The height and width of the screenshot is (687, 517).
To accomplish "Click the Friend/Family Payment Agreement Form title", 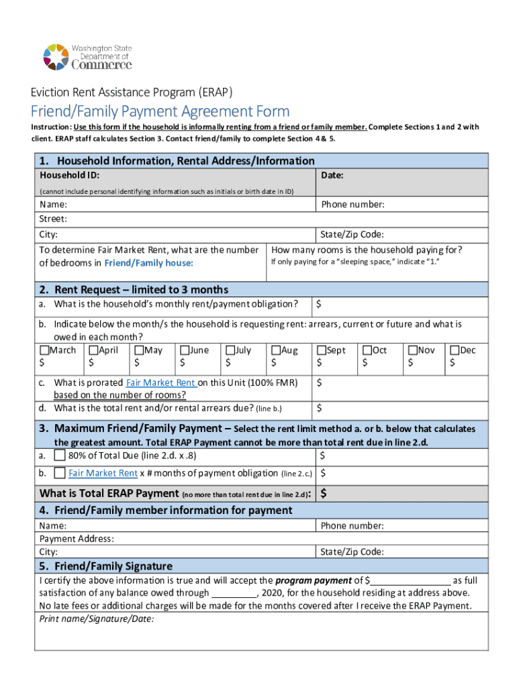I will (x=160, y=111).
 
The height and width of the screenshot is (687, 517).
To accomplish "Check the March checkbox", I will (x=44, y=350).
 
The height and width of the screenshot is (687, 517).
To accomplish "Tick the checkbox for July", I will (x=230, y=350).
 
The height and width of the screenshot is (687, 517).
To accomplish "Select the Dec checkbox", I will (x=455, y=350).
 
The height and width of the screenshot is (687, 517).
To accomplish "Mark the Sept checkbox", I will (x=322, y=350).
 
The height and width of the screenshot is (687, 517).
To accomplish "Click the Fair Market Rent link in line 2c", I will (x=161, y=382).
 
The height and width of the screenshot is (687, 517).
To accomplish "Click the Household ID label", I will (x=70, y=175).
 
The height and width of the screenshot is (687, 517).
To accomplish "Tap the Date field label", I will (x=332, y=175).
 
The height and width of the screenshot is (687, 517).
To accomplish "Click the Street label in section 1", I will (x=53, y=219).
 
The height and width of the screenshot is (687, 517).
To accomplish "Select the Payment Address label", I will (x=77, y=539).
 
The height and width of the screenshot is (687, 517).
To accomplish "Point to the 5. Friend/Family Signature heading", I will (x=105, y=566).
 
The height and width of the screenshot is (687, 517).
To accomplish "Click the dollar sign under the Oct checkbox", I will (x=365, y=363).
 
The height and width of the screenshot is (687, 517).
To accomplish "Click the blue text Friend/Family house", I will (x=148, y=263).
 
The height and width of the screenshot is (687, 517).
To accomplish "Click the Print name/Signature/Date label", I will (x=97, y=619).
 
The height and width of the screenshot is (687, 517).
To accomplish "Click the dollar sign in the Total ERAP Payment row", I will (x=324, y=494).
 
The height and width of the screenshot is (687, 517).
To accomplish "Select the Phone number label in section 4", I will (x=352, y=526).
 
